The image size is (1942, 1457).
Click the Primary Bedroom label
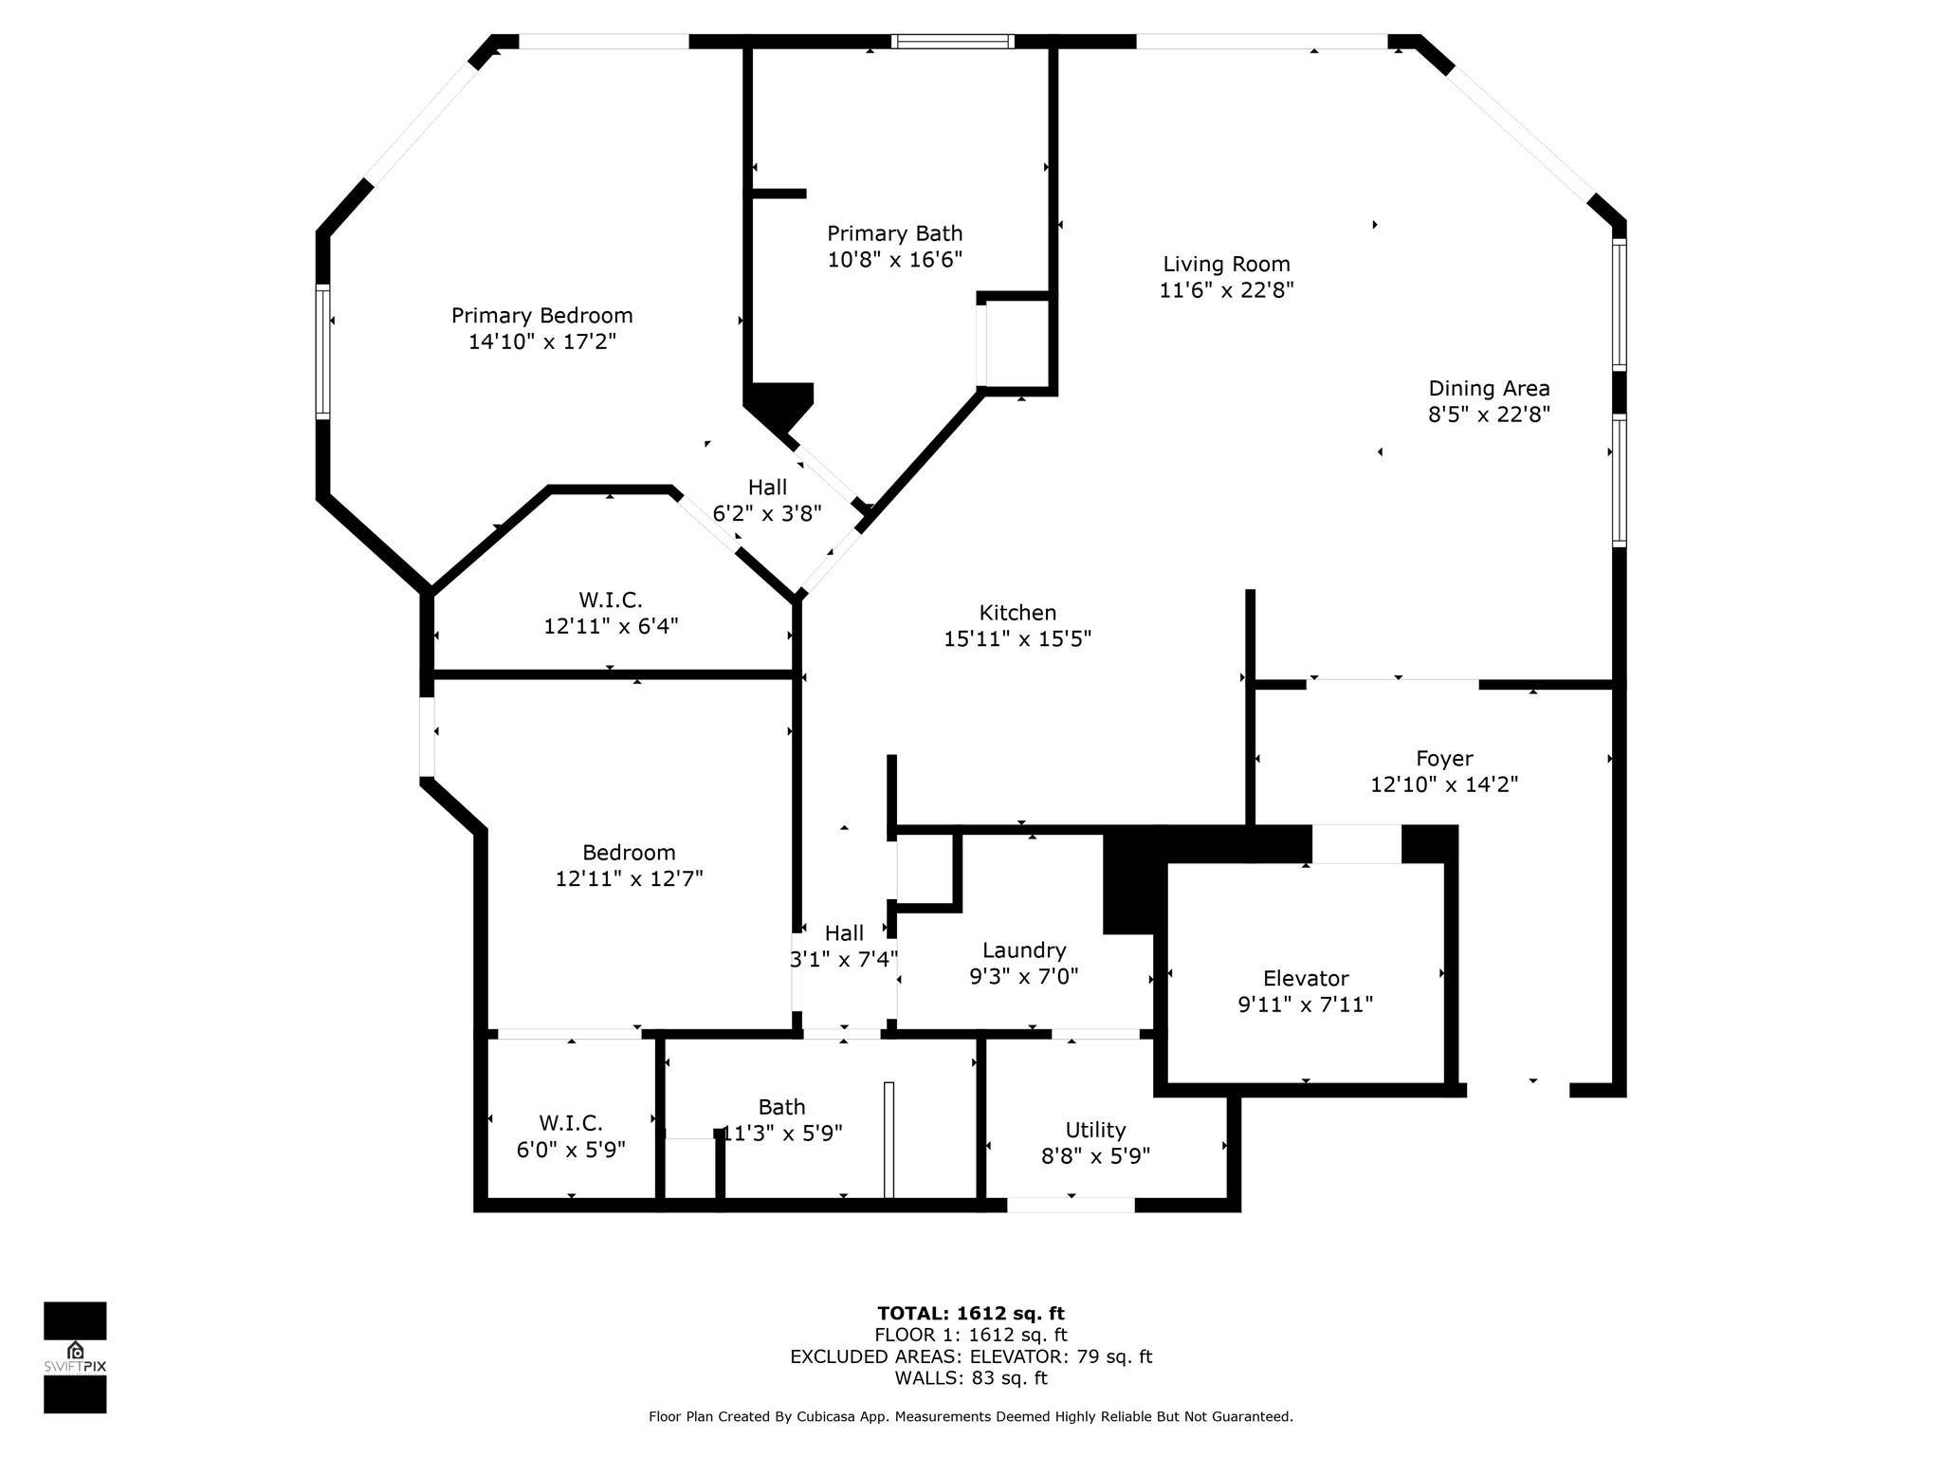tap(541, 315)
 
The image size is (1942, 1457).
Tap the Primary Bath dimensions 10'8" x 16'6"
tap(894, 259)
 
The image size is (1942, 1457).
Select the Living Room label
tap(1226, 264)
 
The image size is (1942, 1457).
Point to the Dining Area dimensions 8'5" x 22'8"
tap(1489, 414)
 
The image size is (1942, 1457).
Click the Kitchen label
tap(1017, 613)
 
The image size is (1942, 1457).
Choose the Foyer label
tap(1444, 758)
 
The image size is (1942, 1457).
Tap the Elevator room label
tap(1306, 978)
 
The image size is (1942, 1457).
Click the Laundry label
tap(1024, 950)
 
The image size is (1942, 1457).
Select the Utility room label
tap(1095, 1130)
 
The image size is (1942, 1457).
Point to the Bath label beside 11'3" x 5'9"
tap(781, 1107)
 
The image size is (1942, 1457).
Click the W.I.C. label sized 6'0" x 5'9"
tap(571, 1123)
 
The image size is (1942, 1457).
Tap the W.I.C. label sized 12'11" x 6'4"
tap(611, 599)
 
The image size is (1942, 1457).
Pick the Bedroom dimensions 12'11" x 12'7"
tap(629, 878)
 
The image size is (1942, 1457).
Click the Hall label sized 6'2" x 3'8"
tap(767, 488)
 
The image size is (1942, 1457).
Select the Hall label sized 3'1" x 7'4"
tap(844, 933)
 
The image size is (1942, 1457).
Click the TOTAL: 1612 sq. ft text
tap(971, 1313)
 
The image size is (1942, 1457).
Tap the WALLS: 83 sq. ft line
tap(971, 1378)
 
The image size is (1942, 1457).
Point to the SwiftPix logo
tap(75, 1356)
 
